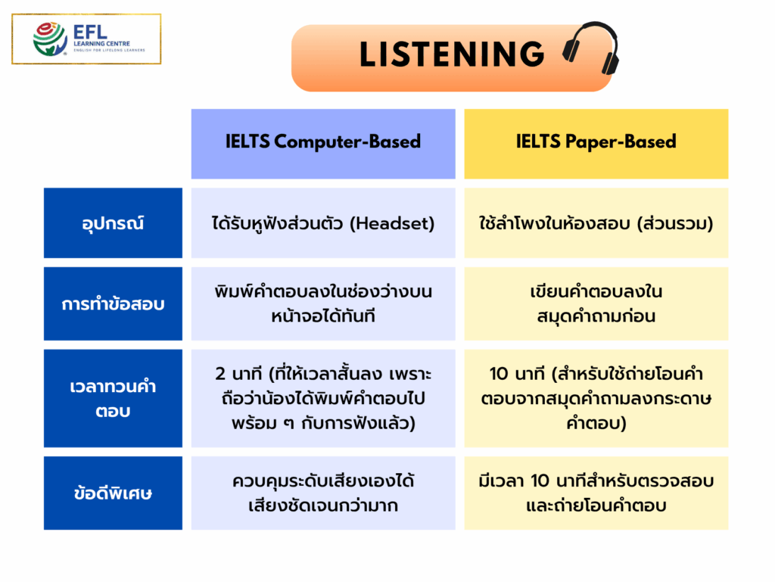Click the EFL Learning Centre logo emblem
[x=50, y=39]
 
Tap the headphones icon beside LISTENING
[x=591, y=49]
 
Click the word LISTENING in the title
[x=452, y=55]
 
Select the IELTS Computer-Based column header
[x=323, y=142]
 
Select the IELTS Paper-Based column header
[x=596, y=142]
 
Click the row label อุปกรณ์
[x=113, y=224]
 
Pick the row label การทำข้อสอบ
[x=113, y=304]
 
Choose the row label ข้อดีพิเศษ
[x=113, y=493]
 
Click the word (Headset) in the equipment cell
[x=393, y=224]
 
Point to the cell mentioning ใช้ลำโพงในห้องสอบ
[x=596, y=224]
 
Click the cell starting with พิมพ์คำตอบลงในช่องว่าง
[x=323, y=304]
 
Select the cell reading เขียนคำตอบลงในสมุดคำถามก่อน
[x=596, y=304]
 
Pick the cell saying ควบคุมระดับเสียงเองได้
[x=323, y=493]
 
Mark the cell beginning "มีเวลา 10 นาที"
[x=596, y=493]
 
